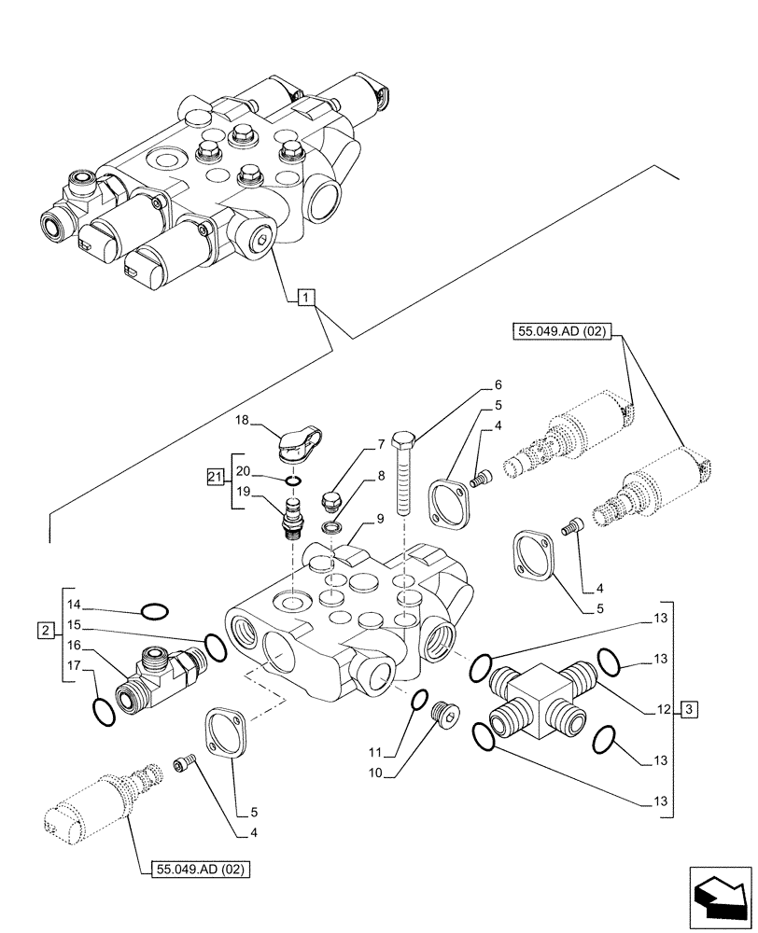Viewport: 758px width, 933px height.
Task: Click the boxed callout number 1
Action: click(x=308, y=298)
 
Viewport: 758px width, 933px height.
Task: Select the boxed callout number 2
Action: click(x=47, y=631)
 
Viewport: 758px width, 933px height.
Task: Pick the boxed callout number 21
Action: click(x=214, y=479)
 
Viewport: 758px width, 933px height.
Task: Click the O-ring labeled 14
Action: click(x=153, y=612)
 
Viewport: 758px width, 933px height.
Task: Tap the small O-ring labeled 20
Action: click(x=293, y=480)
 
